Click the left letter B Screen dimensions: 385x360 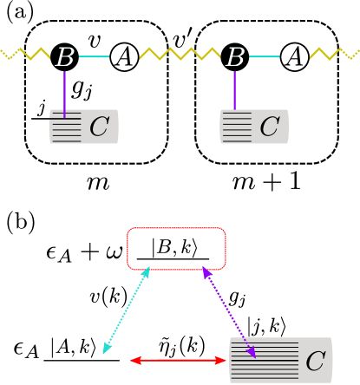(x=65, y=57)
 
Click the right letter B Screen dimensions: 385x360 (x=235, y=57)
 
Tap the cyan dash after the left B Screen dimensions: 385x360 (x=94, y=57)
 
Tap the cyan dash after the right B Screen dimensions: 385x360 (x=264, y=57)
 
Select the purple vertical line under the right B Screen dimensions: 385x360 (x=234, y=90)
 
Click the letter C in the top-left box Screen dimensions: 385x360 (x=99, y=127)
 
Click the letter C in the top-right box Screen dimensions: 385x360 (x=269, y=127)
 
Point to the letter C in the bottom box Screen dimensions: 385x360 (x=315, y=361)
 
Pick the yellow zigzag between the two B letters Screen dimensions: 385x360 (x=180, y=54)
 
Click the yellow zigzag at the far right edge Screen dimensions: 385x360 (x=334, y=54)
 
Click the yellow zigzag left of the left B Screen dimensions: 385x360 (x=26, y=54)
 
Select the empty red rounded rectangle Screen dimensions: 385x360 (x=176, y=249)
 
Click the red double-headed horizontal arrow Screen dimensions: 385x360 (x=178, y=360)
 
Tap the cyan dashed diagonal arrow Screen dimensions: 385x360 (x=127, y=310)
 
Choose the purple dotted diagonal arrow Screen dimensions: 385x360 (x=229, y=312)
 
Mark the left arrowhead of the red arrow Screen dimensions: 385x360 (x=135, y=360)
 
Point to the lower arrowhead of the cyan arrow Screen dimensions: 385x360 (x=106, y=349)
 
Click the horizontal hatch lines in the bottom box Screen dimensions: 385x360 (x=265, y=361)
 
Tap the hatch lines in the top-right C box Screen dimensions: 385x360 (x=236, y=127)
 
